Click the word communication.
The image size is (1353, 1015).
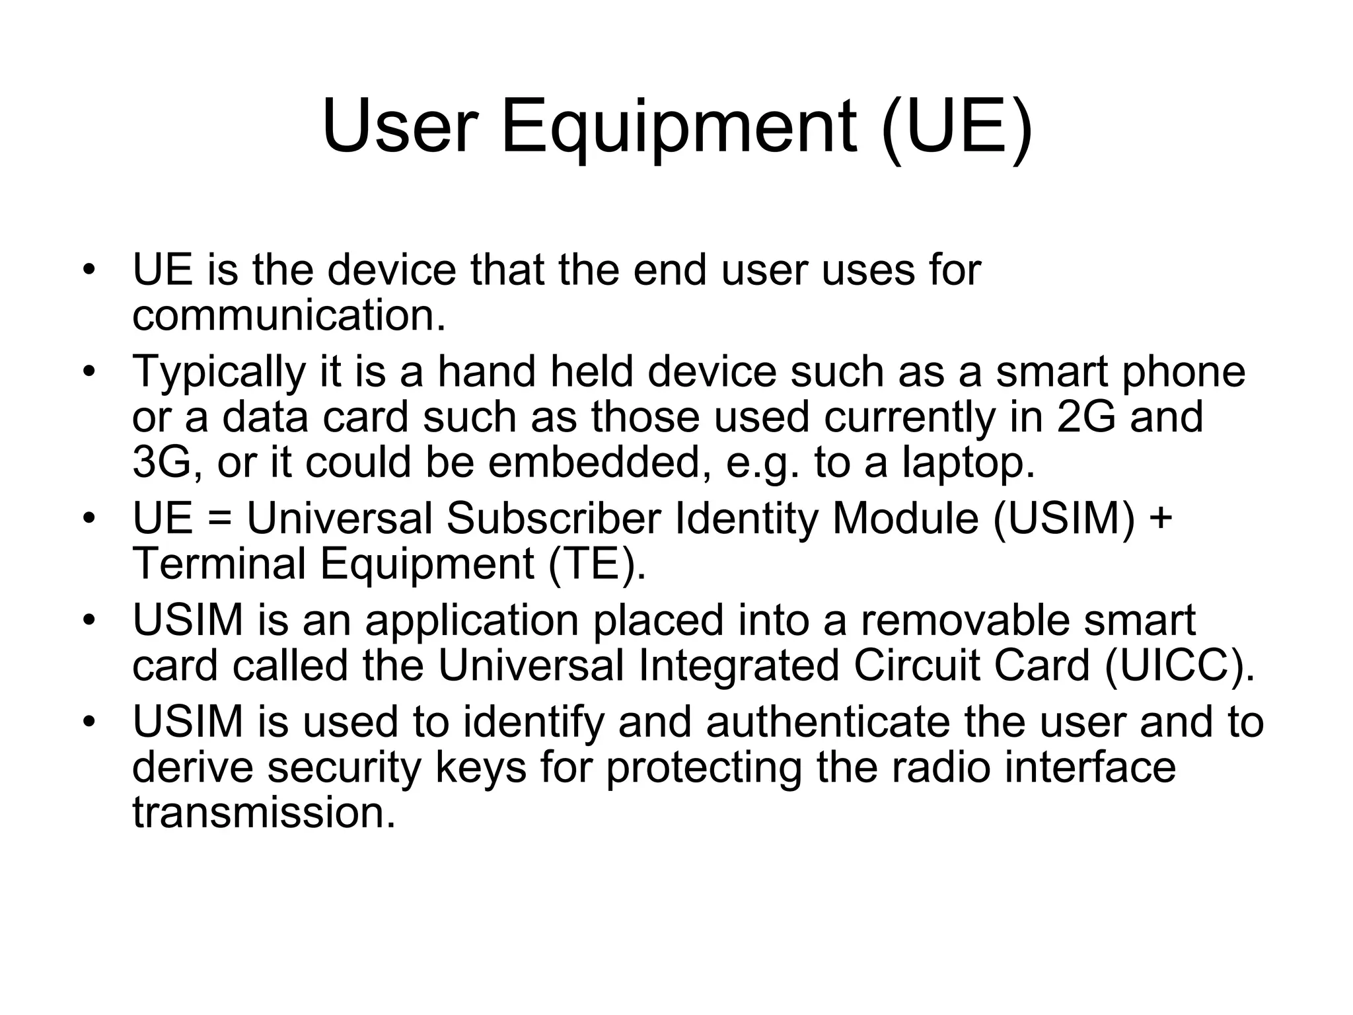coord(289,315)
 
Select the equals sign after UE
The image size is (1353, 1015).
coord(219,520)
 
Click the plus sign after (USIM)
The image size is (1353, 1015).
coord(1161,520)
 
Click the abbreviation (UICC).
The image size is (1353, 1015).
coord(1179,665)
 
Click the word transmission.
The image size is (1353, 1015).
coord(264,812)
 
